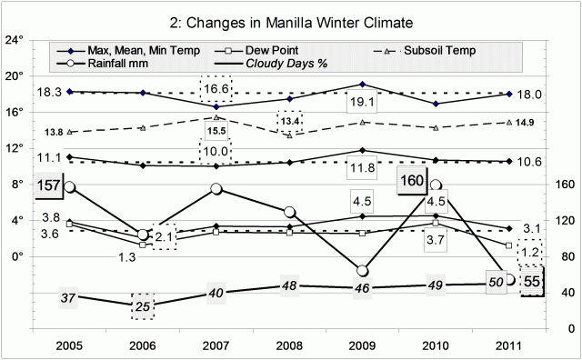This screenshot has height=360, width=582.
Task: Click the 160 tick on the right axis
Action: pos(561,185)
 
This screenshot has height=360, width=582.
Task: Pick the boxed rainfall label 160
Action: pos(414,181)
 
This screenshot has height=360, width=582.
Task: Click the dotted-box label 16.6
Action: pos(216,88)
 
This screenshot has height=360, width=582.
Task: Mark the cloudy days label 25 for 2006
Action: pos(141,305)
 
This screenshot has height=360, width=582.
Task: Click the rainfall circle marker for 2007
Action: pos(216,189)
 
